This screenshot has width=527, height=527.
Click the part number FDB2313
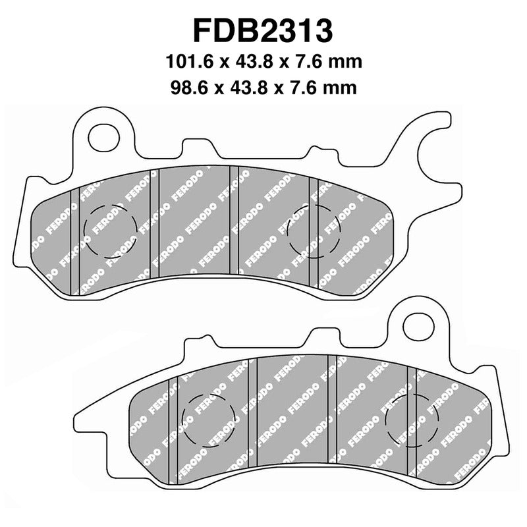263,31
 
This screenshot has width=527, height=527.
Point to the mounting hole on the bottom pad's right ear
417,327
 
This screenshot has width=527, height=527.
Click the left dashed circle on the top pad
111,231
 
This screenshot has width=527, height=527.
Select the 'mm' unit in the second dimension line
343,88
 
